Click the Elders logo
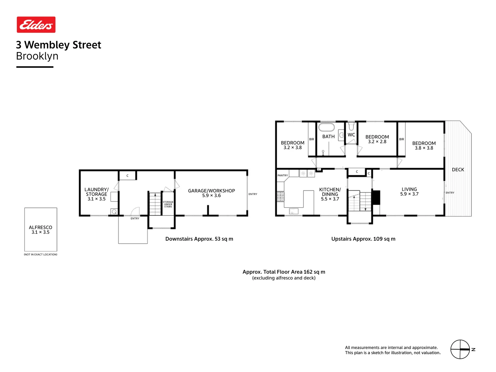click(x=36, y=25)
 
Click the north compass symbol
click(x=460, y=349)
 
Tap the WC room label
click(x=351, y=135)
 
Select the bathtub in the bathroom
click(x=327, y=127)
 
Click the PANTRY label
click(x=282, y=175)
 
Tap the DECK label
click(x=458, y=169)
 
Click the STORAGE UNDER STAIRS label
click(x=168, y=204)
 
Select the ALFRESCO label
click(x=41, y=227)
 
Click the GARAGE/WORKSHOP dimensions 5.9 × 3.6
click(x=211, y=196)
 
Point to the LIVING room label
click(x=409, y=189)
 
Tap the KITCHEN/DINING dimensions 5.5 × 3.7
click(x=330, y=199)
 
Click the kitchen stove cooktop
click(x=280, y=196)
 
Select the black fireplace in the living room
click(x=376, y=197)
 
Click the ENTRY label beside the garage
click(x=253, y=194)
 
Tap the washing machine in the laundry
click(x=114, y=211)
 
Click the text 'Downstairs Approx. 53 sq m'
click(x=199, y=239)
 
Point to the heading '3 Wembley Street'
click(x=59, y=45)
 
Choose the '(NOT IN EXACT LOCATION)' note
click(x=41, y=255)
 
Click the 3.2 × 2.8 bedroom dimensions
click(x=377, y=142)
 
